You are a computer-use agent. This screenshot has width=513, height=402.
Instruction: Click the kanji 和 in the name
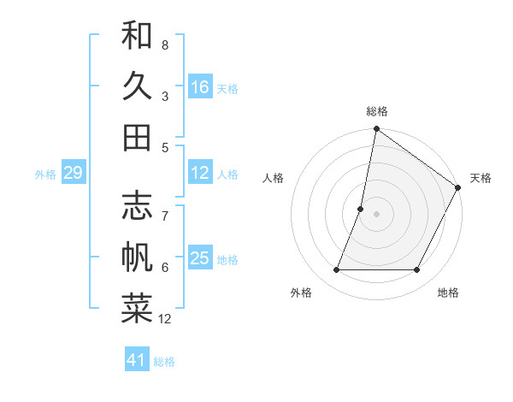(137, 37)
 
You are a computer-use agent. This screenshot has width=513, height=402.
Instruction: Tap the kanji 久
(137, 86)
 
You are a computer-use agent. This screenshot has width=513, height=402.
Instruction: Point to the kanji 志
(137, 208)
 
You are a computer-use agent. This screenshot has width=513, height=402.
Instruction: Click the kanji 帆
(137, 257)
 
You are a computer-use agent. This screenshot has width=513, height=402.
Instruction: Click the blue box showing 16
(200, 87)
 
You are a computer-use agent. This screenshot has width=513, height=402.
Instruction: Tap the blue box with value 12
(200, 173)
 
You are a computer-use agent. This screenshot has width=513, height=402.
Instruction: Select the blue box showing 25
(200, 258)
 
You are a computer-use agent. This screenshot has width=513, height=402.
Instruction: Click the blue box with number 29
(73, 173)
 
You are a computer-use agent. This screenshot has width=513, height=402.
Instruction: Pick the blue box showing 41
(137, 360)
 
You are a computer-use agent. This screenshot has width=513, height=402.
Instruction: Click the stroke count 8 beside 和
(165, 44)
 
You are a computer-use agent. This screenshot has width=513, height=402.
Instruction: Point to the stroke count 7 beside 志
(165, 207)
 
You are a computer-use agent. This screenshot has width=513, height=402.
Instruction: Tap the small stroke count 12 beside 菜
(165, 319)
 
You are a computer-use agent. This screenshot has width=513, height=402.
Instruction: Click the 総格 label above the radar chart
(376, 111)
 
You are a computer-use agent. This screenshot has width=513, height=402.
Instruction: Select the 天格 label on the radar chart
(481, 178)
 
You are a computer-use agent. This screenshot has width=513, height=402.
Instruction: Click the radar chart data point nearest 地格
(417, 270)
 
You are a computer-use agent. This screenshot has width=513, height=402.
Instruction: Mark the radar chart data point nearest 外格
(336, 270)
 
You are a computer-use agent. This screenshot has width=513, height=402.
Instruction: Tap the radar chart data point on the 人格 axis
(361, 209)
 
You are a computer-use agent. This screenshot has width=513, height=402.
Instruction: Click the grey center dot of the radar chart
(376, 214)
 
